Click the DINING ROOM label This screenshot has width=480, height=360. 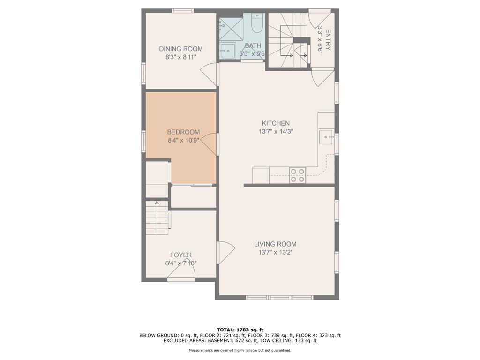pyautogui.click(x=180, y=49)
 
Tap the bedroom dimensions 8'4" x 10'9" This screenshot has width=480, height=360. pyautogui.click(x=183, y=141)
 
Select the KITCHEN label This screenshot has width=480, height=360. pyautogui.click(x=276, y=123)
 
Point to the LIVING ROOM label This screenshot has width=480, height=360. pyautogui.click(x=275, y=244)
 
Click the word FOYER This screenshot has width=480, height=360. pyautogui.click(x=181, y=255)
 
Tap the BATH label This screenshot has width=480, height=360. pyautogui.click(x=253, y=45)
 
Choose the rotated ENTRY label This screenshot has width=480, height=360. pyautogui.click(x=328, y=40)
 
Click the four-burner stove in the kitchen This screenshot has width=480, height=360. pyautogui.click(x=298, y=175)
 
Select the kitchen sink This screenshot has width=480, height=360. pyautogui.click(x=326, y=137)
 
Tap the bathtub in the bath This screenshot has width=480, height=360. pyautogui.click(x=256, y=23)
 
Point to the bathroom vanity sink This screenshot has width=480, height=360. pyautogui.click(x=228, y=51)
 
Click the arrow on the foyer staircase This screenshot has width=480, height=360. pyautogui.click(x=157, y=217)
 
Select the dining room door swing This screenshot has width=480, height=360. pyautogui.click(x=210, y=75)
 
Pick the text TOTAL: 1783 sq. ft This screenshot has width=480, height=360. pyautogui.click(x=240, y=330)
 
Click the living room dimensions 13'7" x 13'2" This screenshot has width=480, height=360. pyautogui.click(x=276, y=253)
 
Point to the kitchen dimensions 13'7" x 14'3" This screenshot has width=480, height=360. pyautogui.click(x=276, y=132)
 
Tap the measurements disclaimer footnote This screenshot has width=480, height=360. pyautogui.click(x=240, y=350)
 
